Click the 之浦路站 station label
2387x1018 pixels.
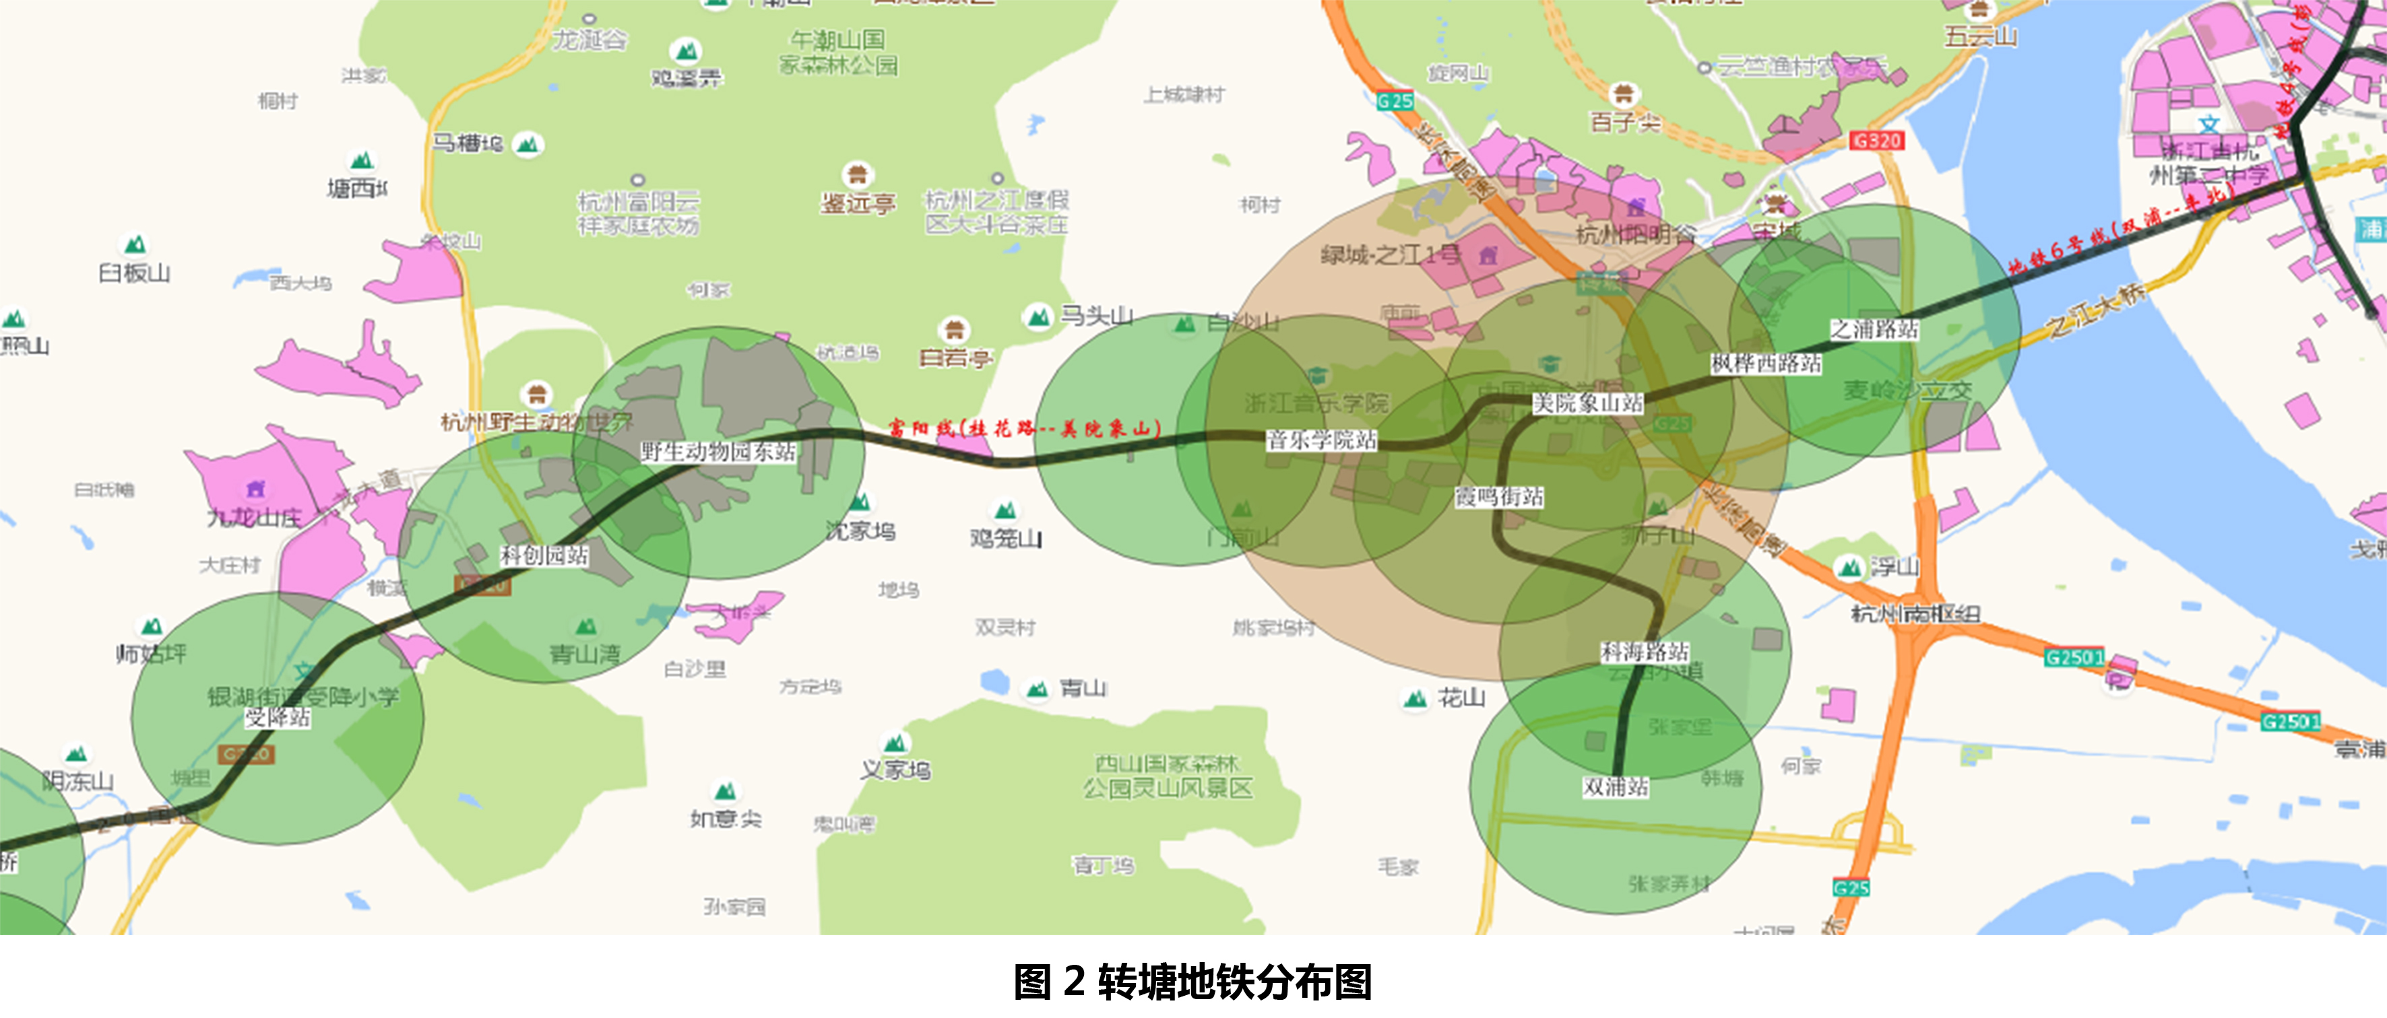pos(1874,330)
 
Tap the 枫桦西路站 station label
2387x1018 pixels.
pos(1765,363)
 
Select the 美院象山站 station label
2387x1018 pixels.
pos(1587,403)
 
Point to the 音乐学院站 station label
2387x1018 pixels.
pos(1321,440)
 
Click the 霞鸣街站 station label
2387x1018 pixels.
pos(1498,498)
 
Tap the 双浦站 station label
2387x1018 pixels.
pos(1615,787)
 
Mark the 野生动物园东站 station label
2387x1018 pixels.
pos(718,452)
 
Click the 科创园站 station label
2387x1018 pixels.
pos(544,555)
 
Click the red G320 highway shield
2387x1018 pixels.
pos(1876,141)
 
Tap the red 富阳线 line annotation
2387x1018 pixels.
pos(1024,428)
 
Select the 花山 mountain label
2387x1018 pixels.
pos(1461,698)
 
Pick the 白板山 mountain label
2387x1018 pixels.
pos(134,273)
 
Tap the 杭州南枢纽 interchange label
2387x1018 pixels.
pos(1915,613)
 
